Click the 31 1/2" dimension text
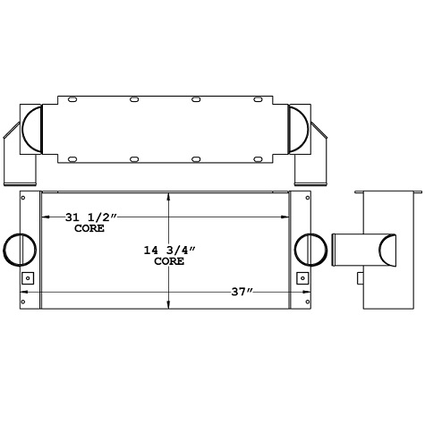coord(91,217)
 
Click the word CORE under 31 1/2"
coord(89,229)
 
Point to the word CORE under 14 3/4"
coord(169,262)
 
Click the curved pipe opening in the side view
coord(390,250)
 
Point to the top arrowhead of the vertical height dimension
coord(169,194)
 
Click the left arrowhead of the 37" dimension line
coord(24,292)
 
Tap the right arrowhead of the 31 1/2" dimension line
coord(284,216)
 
